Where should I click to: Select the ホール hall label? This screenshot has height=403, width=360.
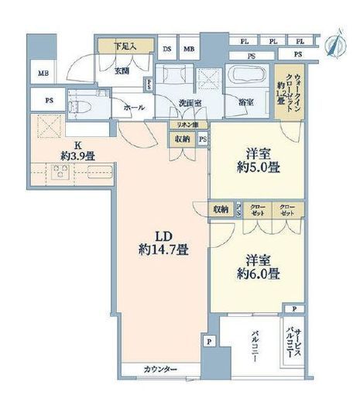point(134,108)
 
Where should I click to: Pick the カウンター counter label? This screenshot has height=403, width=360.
point(160,369)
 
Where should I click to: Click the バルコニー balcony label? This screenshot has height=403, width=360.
point(253,347)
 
